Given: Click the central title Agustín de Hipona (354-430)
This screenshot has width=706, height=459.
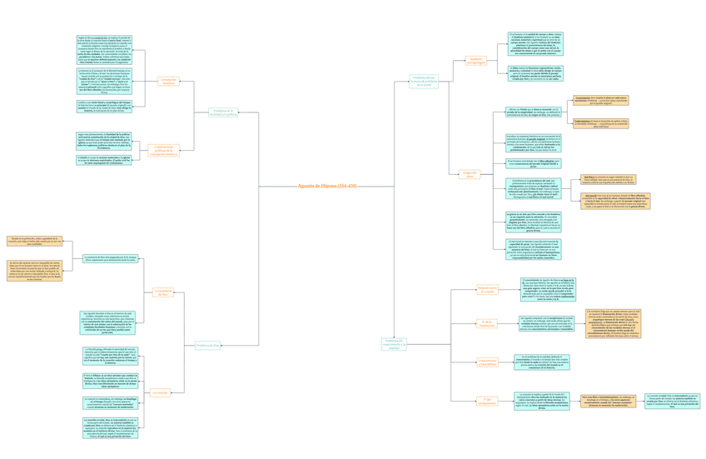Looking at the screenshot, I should click(x=327, y=186).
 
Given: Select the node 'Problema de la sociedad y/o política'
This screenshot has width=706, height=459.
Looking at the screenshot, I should click(x=223, y=112).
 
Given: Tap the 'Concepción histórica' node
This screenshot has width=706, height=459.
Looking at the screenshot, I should click(x=168, y=82).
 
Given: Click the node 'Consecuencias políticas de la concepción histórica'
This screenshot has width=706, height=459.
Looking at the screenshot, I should click(x=163, y=151).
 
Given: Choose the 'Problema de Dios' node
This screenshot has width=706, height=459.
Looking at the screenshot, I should click(x=208, y=345).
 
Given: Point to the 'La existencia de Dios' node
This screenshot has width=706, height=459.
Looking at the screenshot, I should click(x=163, y=292).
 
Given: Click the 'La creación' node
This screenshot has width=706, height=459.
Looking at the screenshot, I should click(x=160, y=392).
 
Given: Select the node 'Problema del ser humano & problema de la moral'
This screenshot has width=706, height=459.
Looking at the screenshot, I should click(x=424, y=82).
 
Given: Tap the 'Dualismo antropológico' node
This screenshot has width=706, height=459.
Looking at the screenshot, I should click(x=476, y=61).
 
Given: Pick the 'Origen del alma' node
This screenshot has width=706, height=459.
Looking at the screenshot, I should click(x=470, y=175).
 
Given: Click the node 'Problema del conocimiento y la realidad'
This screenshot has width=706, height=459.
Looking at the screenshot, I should click(x=394, y=343).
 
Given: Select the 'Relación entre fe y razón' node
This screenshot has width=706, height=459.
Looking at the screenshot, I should click(x=487, y=290).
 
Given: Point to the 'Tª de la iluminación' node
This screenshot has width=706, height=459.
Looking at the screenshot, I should click(x=487, y=324).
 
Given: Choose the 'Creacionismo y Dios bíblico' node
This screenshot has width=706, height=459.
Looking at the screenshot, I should click(x=487, y=362).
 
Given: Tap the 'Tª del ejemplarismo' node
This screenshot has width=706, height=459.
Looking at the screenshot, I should click(x=487, y=401).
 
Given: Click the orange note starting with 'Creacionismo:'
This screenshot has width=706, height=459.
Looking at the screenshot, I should click(x=600, y=101).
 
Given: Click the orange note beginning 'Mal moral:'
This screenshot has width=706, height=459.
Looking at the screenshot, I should click(x=615, y=201).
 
